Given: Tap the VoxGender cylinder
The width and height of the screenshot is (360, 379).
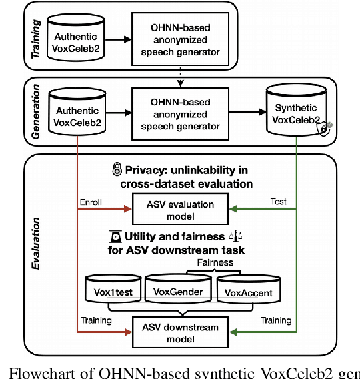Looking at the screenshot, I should point(177,288).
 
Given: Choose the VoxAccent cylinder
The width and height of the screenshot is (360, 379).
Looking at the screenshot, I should point(245,288).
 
